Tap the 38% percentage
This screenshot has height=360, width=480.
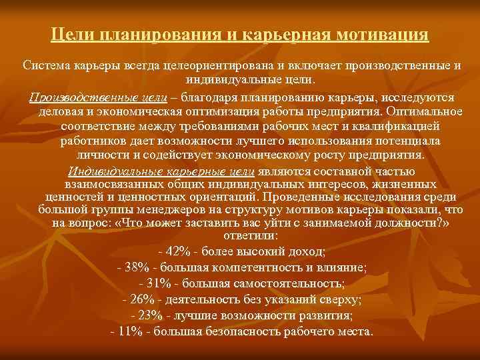[139, 267]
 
